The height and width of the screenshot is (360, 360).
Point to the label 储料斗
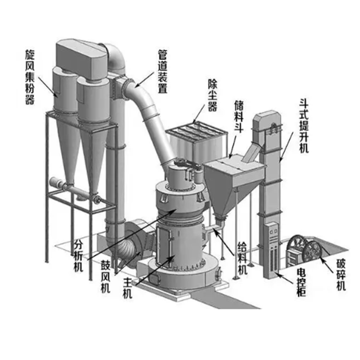coord(239,117)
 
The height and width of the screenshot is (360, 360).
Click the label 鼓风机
coord(105,277)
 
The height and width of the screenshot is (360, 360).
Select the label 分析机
coord(78,255)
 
